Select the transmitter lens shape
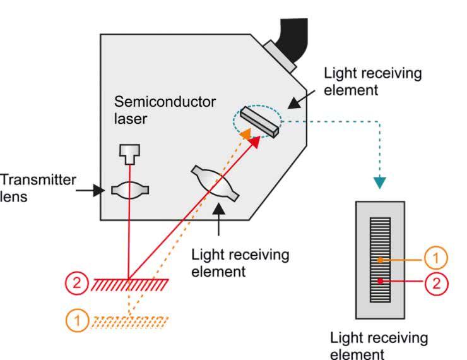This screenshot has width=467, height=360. tap(129, 189)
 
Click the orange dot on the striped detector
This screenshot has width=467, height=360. tap(380, 259)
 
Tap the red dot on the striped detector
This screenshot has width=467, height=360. tap(380, 280)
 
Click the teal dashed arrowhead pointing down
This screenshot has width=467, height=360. tap(379, 183)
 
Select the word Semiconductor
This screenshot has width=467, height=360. tap(165, 102)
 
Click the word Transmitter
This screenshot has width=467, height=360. tap(37, 180)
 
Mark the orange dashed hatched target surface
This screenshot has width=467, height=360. tap(129, 322)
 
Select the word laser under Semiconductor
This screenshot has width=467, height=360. tap(131, 118)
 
